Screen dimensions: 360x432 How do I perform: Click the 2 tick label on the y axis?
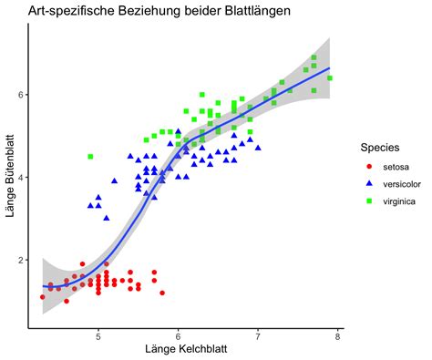pyautogui.click(x=21, y=260)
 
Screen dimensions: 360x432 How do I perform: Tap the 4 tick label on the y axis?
pyautogui.click(x=21, y=178)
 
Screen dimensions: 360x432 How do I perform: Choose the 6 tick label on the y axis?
pyautogui.click(x=21, y=95)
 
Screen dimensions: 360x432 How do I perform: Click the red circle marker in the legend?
pyautogui.click(x=369, y=167)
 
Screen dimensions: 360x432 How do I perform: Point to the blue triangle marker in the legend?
pyautogui.click(x=369, y=183)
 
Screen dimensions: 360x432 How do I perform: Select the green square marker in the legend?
pyautogui.click(x=369, y=199)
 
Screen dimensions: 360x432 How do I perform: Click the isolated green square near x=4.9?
pyautogui.click(x=90, y=157)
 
